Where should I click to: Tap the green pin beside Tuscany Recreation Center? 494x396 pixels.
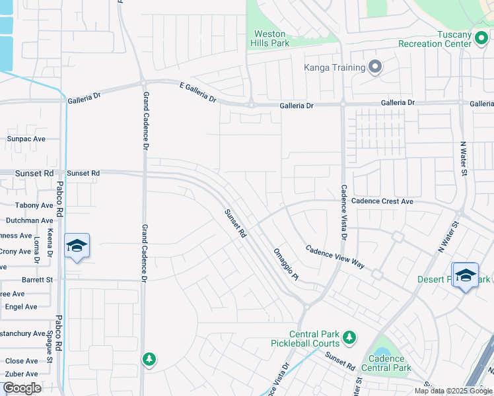click(x=483, y=44)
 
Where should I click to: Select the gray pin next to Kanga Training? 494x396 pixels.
click(x=375, y=67)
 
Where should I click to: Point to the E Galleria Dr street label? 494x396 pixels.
click(x=198, y=91)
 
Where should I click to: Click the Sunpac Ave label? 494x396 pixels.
click(x=26, y=139)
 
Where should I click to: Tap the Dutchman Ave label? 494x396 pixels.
click(x=29, y=220)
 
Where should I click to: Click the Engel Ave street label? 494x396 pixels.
click(x=21, y=307)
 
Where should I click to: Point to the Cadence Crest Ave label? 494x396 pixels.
click(x=382, y=201)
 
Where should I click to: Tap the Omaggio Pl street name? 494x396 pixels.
click(x=286, y=263)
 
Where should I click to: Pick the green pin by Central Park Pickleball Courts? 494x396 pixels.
click(x=349, y=338)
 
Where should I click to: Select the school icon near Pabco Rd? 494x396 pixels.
click(x=77, y=246)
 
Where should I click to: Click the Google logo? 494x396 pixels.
click(x=22, y=388)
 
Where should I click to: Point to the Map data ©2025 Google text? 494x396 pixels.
click(x=453, y=391)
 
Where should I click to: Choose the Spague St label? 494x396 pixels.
click(x=50, y=346)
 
